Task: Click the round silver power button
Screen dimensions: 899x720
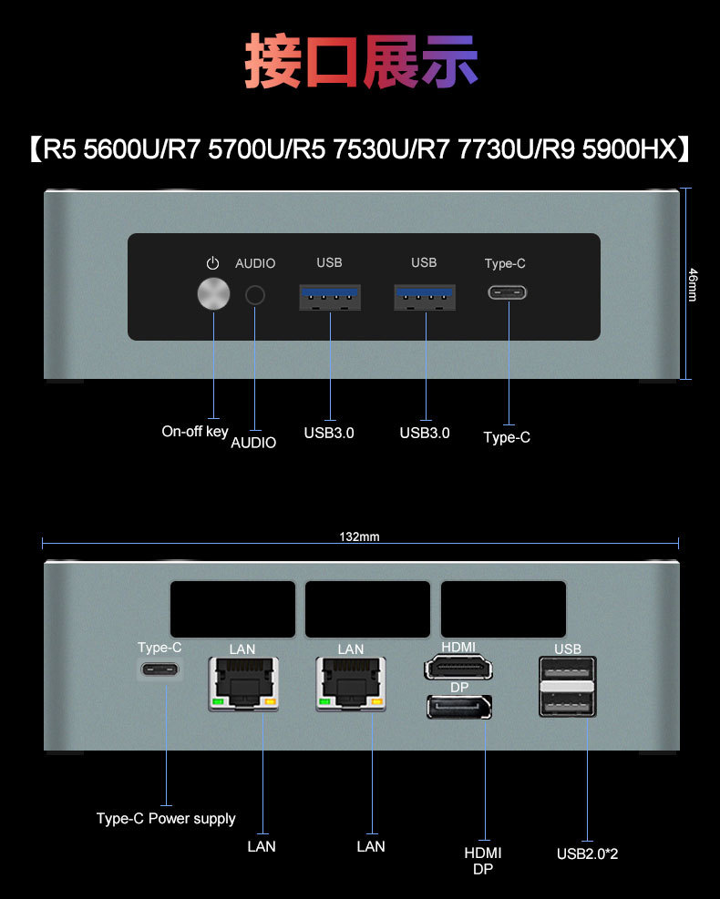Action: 213,294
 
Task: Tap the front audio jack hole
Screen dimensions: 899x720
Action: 256,295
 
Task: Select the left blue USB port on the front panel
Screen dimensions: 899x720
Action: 330,297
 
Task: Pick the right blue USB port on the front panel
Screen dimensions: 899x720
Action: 425,297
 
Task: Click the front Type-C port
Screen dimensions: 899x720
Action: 508,293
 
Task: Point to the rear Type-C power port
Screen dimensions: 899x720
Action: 160,670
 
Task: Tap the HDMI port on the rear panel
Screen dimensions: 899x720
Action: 458,669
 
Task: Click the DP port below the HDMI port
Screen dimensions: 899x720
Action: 458,707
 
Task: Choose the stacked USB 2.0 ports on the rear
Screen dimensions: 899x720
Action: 567,686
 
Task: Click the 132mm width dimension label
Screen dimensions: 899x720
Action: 359,537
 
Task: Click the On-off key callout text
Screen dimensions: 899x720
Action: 195,431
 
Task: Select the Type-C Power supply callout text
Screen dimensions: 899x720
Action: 166,818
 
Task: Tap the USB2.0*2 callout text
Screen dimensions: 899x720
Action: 588,853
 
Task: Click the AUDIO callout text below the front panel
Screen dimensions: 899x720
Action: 253,443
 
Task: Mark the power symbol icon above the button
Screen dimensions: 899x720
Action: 213,263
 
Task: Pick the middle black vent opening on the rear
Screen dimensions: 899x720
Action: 367,609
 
